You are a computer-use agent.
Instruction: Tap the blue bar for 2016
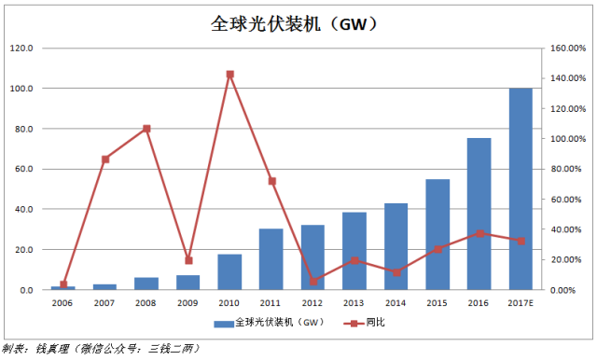pos(479,214)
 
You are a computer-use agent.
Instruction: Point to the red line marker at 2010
pos(229,75)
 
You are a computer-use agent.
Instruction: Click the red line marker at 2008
pos(146,128)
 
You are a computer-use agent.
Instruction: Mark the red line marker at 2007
pos(105,159)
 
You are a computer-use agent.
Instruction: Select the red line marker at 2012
pos(312,281)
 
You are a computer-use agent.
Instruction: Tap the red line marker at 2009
pos(188,260)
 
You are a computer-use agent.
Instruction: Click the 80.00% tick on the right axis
pos(562,169)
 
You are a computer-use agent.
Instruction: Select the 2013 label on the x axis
pos(354,304)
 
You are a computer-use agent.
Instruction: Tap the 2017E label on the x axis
pos(521,304)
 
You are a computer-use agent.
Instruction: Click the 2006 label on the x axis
pos(63,304)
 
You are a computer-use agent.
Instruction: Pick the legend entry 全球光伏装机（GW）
pos(269,323)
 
